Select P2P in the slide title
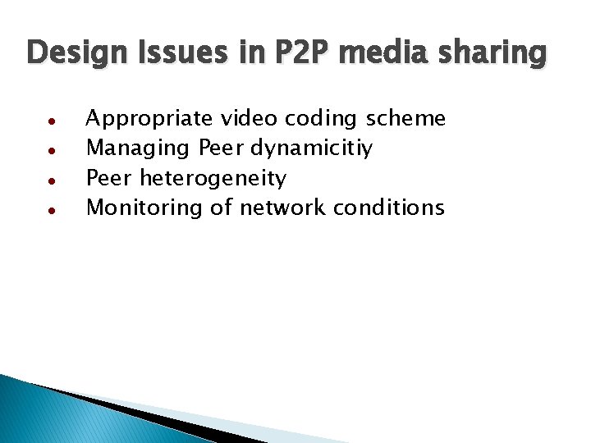(293, 54)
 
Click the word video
(249, 119)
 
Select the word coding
(321, 120)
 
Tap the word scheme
(405, 119)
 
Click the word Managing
(139, 149)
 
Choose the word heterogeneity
(213, 179)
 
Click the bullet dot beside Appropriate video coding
(51, 121)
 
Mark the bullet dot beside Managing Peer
(51, 150)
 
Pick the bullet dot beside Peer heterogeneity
(51, 180)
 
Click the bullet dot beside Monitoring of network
(51, 209)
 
